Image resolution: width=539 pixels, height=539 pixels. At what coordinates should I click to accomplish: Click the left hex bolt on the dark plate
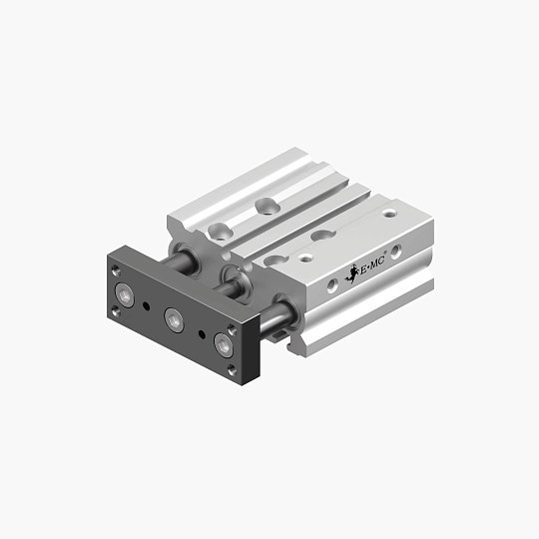point(126,295)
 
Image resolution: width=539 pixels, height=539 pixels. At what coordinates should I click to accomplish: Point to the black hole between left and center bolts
point(149,306)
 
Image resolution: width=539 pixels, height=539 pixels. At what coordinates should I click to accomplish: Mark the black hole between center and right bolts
point(202,332)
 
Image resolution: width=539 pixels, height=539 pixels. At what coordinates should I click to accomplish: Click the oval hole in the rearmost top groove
point(267,206)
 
